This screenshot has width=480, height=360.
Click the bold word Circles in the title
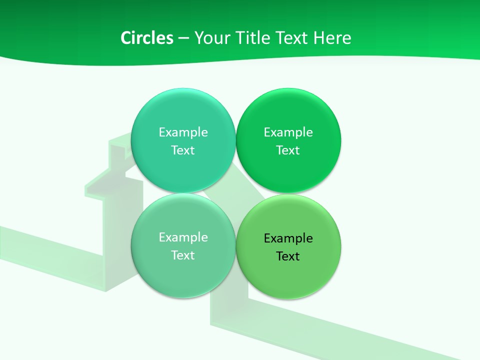click(x=146, y=38)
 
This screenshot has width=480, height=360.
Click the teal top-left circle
click(x=183, y=107)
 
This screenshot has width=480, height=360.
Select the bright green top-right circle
click(x=288, y=107)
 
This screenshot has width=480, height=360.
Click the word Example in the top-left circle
click(x=183, y=132)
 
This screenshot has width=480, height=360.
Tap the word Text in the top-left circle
click(x=183, y=150)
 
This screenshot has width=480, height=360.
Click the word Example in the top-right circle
click(x=288, y=132)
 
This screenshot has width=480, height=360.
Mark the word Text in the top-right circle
click(x=288, y=150)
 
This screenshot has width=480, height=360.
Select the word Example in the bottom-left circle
click(x=183, y=237)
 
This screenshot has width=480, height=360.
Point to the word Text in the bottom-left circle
click(x=183, y=255)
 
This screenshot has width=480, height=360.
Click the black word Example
click(x=288, y=238)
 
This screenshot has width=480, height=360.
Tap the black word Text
click(x=288, y=256)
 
